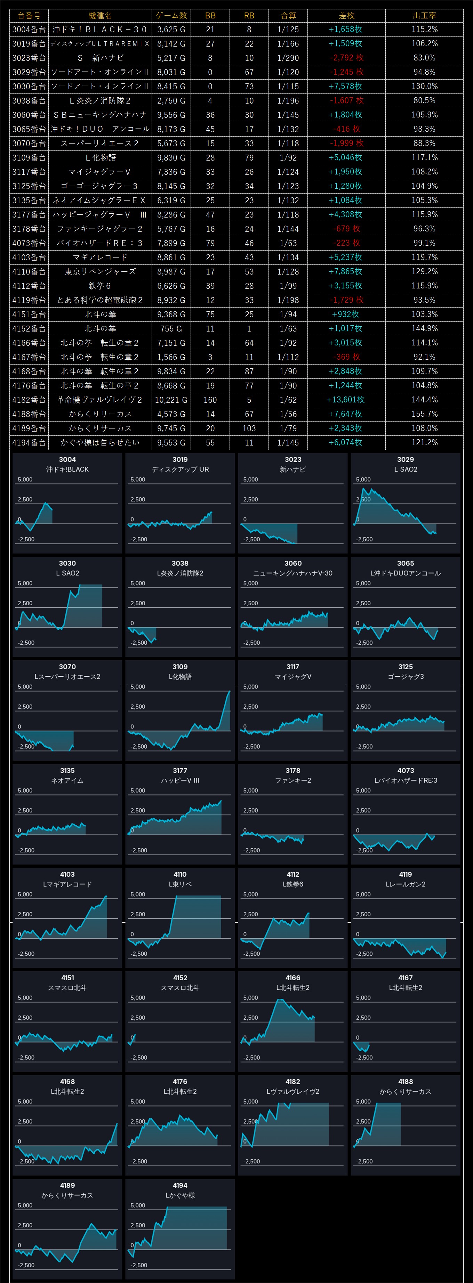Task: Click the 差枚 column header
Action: click(x=346, y=15)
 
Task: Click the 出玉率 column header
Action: click(x=424, y=15)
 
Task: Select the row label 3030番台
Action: click(x=29, y=86)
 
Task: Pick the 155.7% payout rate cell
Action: click(x=424, y=414)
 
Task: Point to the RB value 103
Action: click(x=249, y=428)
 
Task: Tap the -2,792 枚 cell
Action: click(x=346, y=58)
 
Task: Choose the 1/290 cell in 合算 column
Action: click(x=288, y=58)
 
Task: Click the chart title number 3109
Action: click(x=180, y=667)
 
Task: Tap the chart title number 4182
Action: click(x=292, y=1081)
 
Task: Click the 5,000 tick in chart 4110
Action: click(x=138, y=894)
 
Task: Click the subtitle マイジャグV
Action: click(x=292, y=676)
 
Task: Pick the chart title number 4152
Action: click(x=180, y=978)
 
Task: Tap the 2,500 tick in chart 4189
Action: click(x=25, y=1225)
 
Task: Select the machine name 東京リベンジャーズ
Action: click(x=100, y=271)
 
